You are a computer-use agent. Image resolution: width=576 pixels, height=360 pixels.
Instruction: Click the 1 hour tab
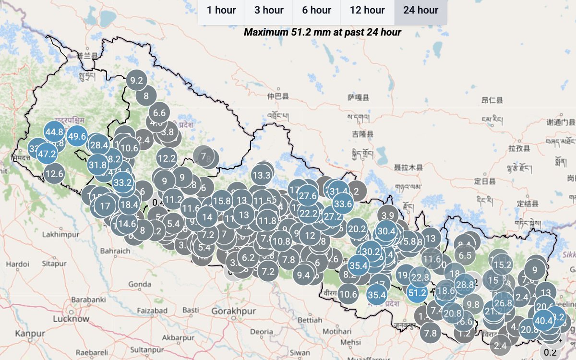click(221, 10)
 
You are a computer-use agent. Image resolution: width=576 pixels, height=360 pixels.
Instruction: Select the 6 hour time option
click(317, 10)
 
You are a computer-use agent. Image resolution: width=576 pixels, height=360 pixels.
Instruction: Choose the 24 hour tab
click(420, 10)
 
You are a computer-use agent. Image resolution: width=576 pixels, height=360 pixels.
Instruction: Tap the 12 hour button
click(367, 10)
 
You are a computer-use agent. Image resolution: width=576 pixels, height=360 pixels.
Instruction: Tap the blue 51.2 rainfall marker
click(417, 292)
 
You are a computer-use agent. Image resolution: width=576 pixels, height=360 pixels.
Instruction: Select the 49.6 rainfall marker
click(77, 136)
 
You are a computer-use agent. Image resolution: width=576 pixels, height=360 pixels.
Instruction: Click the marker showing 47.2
click(48, 154)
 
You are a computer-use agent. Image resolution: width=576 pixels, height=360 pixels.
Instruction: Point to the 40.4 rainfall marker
click(543, 321)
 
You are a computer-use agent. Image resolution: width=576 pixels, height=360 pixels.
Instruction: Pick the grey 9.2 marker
click(137, 81)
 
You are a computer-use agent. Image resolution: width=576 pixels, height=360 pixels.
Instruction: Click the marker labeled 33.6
click(343, 204)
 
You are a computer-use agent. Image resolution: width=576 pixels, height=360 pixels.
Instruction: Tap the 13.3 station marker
click(261, 175)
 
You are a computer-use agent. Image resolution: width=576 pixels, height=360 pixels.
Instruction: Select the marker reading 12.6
click(54, 174)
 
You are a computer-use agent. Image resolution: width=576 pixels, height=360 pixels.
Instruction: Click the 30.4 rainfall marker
click(386, 231)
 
